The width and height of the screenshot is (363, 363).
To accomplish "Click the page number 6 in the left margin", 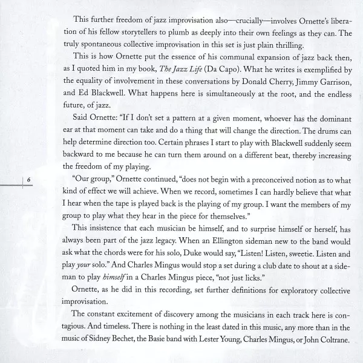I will coord(28,179).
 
